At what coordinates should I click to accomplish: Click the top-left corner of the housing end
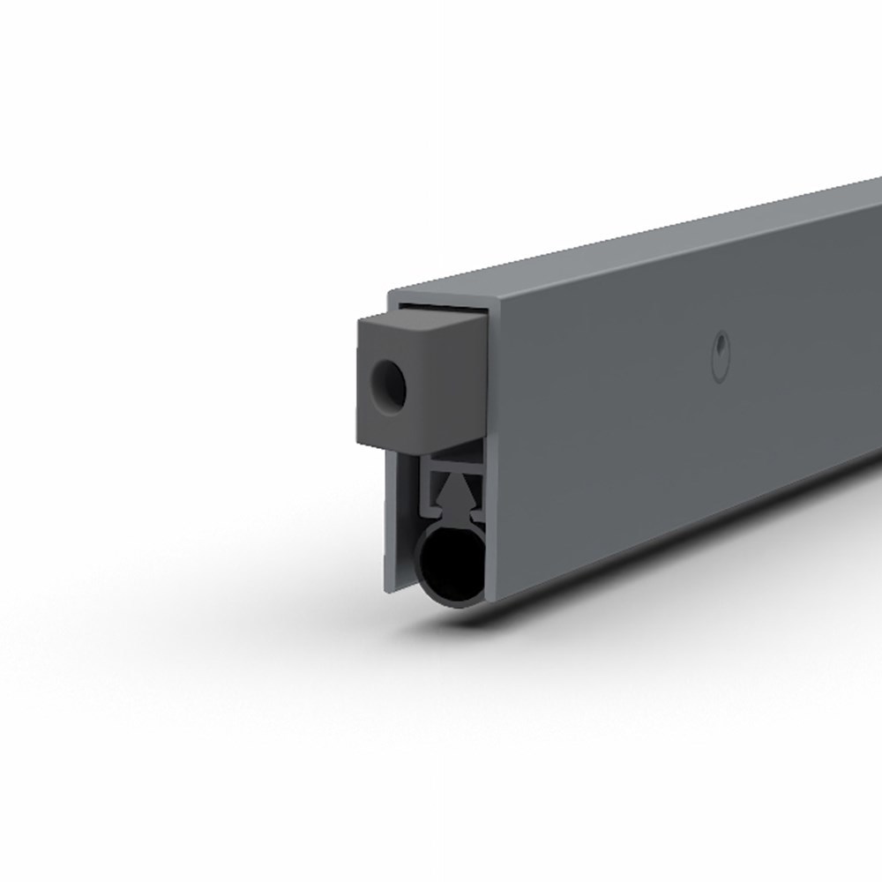(391, 291)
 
